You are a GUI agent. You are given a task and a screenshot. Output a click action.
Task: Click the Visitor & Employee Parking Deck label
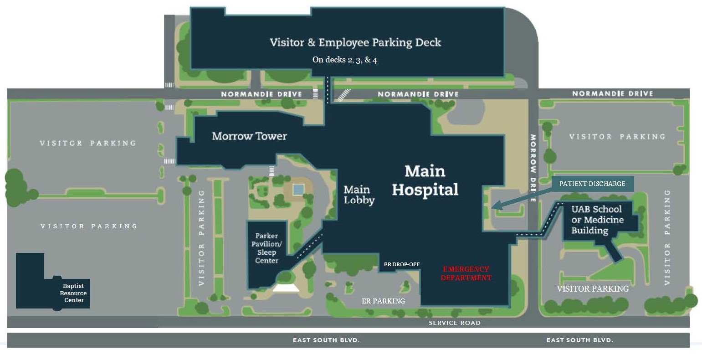pos(355,43)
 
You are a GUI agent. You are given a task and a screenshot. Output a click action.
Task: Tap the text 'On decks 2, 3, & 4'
pos(344,60)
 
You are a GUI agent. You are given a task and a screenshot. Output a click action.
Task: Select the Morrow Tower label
pos(249,136)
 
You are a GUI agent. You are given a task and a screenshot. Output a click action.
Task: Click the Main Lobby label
pos(359,195)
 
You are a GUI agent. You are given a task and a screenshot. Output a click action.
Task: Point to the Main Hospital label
pos(425,180)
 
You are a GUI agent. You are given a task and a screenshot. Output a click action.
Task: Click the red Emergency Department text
pos(466,273)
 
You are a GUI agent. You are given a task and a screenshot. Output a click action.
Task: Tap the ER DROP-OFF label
pos(401,264)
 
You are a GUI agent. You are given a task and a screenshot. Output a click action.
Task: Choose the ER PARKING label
pos(383,301)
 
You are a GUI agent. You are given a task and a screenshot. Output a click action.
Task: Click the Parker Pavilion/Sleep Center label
pos(266,248)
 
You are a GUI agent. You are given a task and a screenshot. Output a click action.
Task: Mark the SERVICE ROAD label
pos(454,323)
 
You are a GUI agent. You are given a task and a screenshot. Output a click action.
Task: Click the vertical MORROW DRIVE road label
pos(533,168)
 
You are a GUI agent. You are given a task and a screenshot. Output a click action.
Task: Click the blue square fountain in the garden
pos(298,189)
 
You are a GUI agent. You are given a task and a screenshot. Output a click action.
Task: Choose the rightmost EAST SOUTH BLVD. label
pos(579,340)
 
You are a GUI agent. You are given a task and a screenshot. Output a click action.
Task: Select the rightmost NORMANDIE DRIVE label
pos(612,93)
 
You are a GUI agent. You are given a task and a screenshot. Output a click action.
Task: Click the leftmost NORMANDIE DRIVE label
pos(261,94)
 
